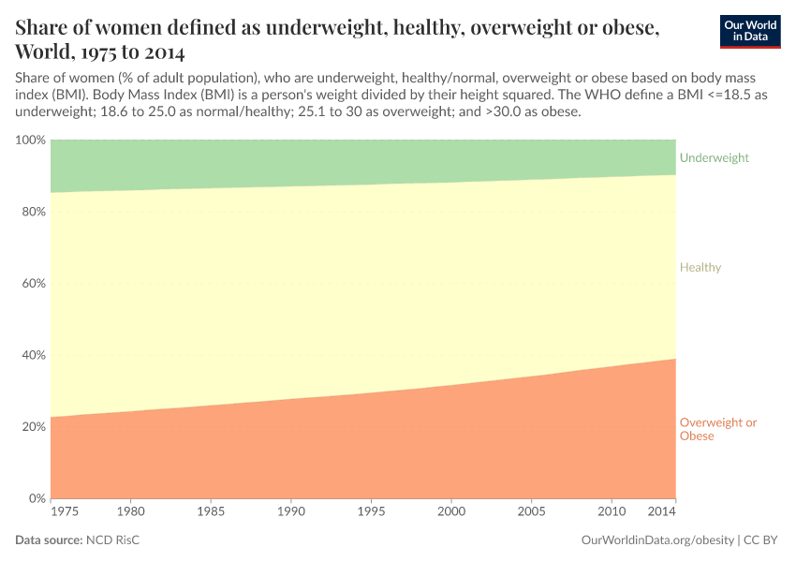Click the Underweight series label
(x=714, y=158)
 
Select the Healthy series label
(x=700, y=268)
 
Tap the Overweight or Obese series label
(x=717, y=429)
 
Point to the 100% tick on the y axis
(x=30, y=140)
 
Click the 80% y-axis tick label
(x=33, y=212)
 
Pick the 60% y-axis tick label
(x=33, y=284)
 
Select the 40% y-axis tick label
(x=33, y=355)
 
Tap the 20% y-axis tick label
(x=33, y=427)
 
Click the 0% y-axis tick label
(x=36, y=498)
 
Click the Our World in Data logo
(x=750, y=32)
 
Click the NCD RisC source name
(x=113, y=540)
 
